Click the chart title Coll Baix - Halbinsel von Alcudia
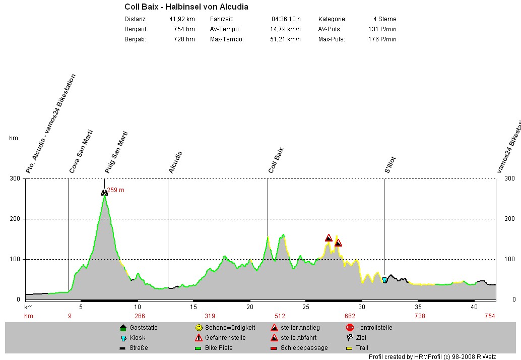click(186, 7)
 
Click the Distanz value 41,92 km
click(182, 19)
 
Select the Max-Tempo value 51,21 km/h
click(285, 39)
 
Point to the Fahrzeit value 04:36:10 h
click(286, 19)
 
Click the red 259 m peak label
click(115, 190)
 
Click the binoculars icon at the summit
click(104, 193)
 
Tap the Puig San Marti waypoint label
click(116, 153)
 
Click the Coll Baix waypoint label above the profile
click(276, 160)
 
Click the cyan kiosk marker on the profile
click(384, 280)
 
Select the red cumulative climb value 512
click(280, 316)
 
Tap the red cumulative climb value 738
click(420, 316)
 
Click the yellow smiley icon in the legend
click(199, 328)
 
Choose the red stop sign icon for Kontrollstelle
click(350, 328)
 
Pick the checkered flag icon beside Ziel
click(350, 338)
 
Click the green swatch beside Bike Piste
click(199, 348)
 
